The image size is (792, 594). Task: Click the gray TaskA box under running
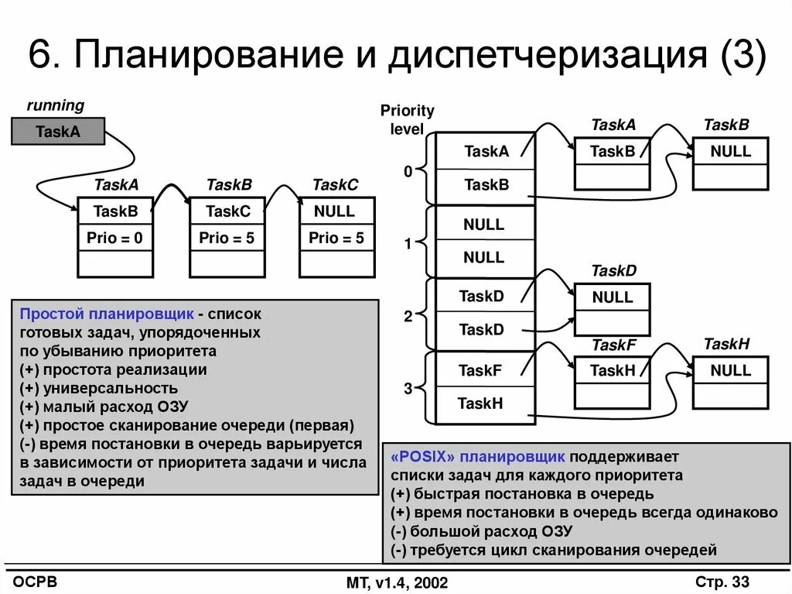pyautogui.click(x=58, y=132)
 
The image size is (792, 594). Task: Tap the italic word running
pyautogui.click(x=56, y=105)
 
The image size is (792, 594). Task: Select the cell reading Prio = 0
pyautogui.click(x=114, y=238)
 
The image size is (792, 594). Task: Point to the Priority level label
pyautogui.click(x=407, y=120)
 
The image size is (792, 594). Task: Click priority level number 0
pyautogui.click(x=408, y=172)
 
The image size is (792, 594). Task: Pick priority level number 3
pyautogui.click(x=408, y=390)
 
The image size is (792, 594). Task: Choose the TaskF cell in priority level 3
pyautogui.click(x=480, y=370)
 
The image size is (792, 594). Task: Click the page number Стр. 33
pyautogui.click(x=722, y=582)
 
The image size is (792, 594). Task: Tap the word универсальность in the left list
pyautogui.click(x=111, y=388)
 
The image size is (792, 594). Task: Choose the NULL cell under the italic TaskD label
pyautogui.click(x=612, y=297)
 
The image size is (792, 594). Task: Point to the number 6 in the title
pyautogui.click(x=40, y=58)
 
